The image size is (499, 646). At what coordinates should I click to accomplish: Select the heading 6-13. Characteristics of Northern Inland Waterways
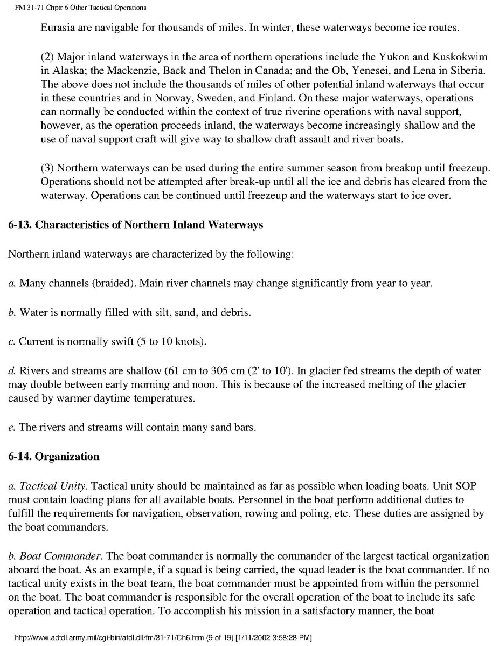click(136, 225)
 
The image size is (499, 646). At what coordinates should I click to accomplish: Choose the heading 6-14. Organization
click(54, 457)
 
